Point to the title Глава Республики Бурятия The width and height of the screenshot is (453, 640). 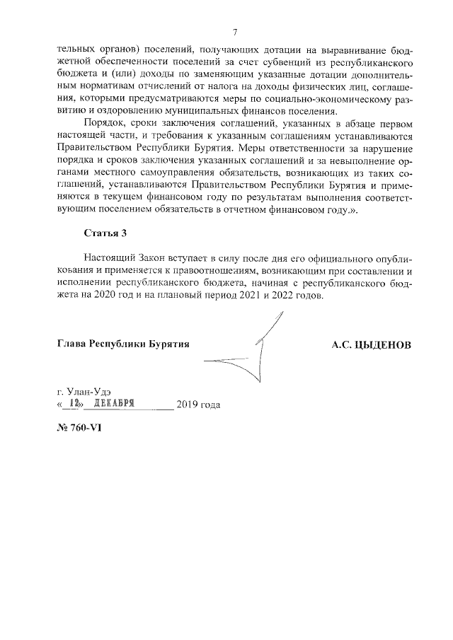[x=123, y=344]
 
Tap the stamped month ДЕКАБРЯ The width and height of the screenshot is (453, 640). [x=114, y=404]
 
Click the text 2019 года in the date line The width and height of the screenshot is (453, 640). [x=198, y=405]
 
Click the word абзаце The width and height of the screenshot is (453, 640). [x=355, y=123]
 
